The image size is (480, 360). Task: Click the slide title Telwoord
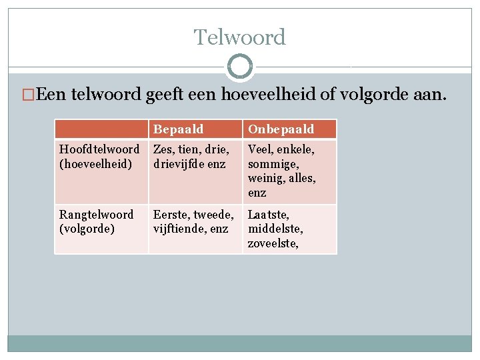240,37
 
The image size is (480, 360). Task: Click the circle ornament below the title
240,67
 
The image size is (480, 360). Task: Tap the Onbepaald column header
281,129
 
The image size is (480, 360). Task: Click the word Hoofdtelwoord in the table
99,149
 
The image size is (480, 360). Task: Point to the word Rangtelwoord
97,215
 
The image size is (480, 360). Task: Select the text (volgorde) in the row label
87,229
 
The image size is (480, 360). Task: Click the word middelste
275,229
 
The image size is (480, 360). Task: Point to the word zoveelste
273,243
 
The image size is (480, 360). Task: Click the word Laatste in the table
268,215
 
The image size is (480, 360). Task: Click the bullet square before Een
27,96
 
